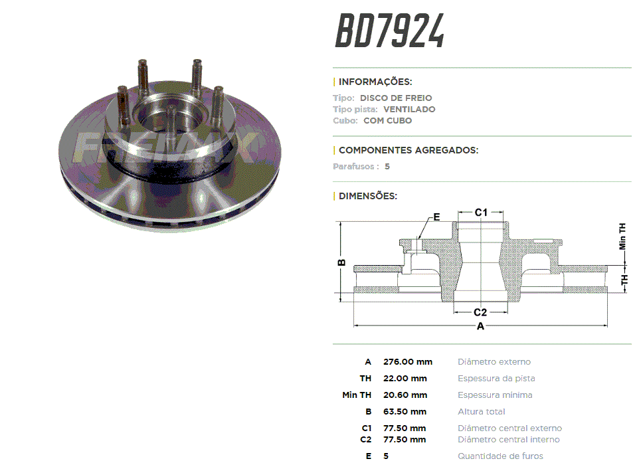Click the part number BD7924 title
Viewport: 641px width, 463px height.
[390, 31]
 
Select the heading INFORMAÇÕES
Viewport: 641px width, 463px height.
[375, 82]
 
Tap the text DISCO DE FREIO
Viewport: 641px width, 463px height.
[396, 98]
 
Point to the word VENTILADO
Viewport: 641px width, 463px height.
[409, 110]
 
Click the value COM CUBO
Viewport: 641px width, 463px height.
[387, 121]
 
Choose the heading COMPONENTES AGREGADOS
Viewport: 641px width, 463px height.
[409, 150]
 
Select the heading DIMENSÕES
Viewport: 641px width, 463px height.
[368, 196]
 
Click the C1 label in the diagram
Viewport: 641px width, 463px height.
[481, 213]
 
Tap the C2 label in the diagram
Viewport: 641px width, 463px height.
[480, 313]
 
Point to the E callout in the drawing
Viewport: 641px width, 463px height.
[436, 217]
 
